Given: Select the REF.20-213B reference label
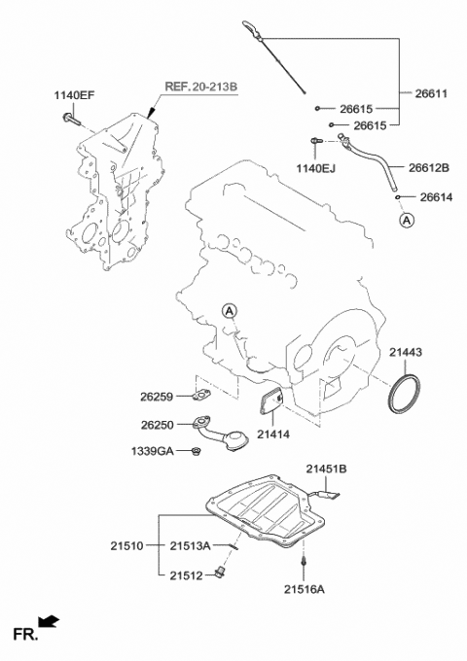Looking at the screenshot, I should (x=199, y=87).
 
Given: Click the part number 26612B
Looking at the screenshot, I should (x=429, y=168).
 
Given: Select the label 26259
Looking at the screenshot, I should (x=158, y=397).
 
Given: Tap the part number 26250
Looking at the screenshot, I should (x=158, y=425).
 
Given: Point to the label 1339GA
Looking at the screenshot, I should (x=153, y=452).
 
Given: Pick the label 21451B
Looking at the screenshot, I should (x=327, y=470).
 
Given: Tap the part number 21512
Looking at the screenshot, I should (x=184, y=574).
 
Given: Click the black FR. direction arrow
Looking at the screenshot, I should (x=47, y=622).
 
